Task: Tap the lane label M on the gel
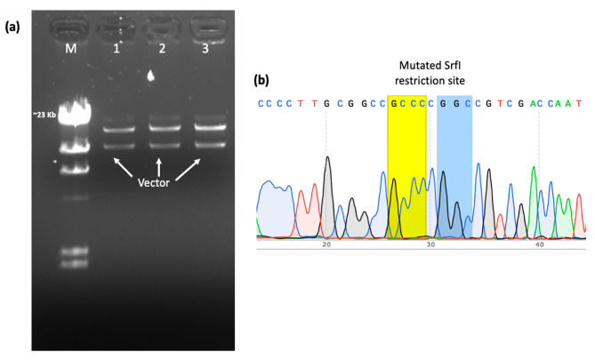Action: pyautogui.click(x=71, y=50)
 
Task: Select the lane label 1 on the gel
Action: pyautogui.click(x=116, y=50)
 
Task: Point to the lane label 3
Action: pyautogui.click(x=205, y=50)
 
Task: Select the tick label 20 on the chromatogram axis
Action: pyautogui.click(x=326, y=244)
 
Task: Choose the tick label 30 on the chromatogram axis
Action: pyautogui.click(x=432, y=244)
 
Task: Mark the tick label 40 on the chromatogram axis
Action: pyautogui.click(x=539, y=244)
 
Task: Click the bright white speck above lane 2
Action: pyautogui.click(x=152, y=77)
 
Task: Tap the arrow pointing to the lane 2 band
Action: pyautogui.click(x=159, y=165)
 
